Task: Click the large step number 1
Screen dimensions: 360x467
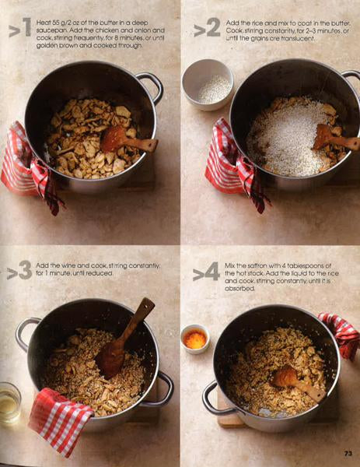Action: coord(26,27)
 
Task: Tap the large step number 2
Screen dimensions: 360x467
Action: coord(213,27)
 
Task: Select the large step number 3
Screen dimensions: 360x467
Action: coord(25,270)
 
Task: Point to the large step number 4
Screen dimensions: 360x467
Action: coord(212,272)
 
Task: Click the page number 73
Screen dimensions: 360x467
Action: coord(348,453)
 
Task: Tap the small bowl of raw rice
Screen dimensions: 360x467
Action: coord(208,85)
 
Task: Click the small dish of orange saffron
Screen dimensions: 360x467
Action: coord(195,339)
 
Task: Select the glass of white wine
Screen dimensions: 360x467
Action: coord(9,402)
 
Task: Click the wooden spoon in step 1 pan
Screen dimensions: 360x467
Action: coord(128,140)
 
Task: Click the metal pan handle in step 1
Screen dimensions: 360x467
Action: coord(153,86)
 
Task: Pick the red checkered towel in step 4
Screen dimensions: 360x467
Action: coord(341,334)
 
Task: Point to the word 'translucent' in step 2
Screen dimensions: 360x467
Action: coord(298,38)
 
